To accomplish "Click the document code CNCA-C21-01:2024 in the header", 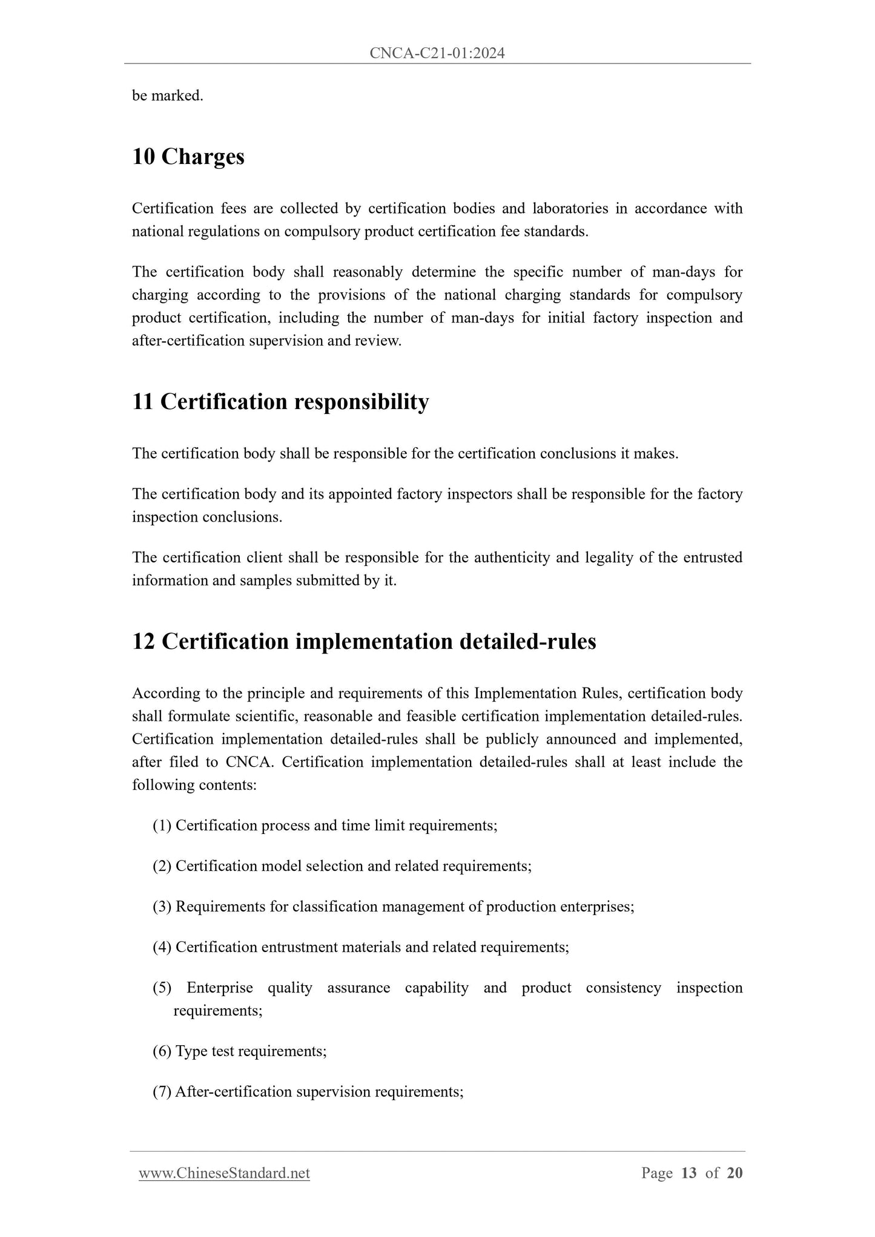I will point(437,54).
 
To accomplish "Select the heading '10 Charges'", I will point(188,157).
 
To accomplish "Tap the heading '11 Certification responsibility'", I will point(280,402).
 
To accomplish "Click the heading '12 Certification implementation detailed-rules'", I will point(364,641).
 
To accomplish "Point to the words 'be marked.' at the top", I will point(167,96).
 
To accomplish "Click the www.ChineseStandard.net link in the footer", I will point(224,1173).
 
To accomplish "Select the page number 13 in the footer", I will point(688,1173).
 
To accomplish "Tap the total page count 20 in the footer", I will point(735,1173).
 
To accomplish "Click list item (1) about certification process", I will point(325,825).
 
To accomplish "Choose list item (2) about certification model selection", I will point(342,866).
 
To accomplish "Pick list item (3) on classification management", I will point(393,907).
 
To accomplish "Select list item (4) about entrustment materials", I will point(360,947).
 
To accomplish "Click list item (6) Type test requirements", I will point(239,1051).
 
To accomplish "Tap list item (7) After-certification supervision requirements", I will point(308,1092).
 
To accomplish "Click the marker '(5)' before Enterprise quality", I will point(162,988).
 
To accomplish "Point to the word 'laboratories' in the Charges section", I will point(570,209).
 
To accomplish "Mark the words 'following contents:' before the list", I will point(194,786).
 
